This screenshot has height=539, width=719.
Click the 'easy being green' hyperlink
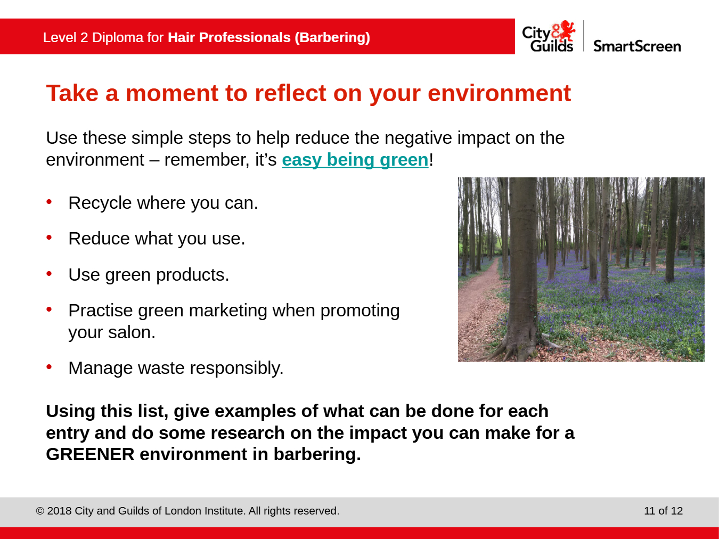(x=355, y=160)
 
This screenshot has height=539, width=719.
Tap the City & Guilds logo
(x=549, y=36)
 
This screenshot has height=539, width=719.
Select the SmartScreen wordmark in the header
(x=637, y=46)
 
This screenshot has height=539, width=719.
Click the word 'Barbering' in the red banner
(x=332, y=37)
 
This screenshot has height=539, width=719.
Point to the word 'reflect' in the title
(x=290, y=93)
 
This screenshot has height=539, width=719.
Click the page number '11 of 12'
(x=663, y=511)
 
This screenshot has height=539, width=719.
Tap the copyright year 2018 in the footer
(x=59, y=511)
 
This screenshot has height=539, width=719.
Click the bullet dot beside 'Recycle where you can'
(x=49, y=202)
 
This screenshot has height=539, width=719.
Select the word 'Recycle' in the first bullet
(x=100, y=203)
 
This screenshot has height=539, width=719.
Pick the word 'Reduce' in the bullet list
(x=99, y=239)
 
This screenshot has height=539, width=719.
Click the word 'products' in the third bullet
(x=192, y=275)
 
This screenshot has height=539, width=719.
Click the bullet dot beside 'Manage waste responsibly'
(x=49, y=367)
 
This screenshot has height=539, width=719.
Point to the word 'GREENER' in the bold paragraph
(x=90, y=454)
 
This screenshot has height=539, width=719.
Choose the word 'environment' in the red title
(x=499, y=93)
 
